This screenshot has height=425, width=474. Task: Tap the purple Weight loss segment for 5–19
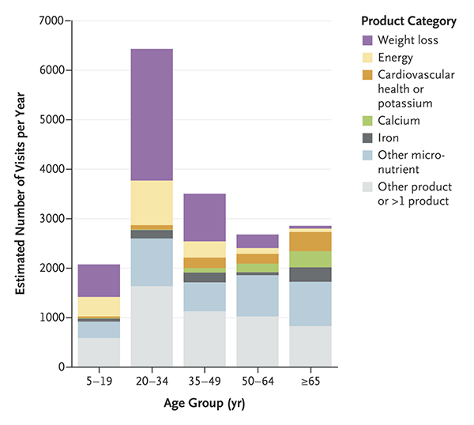pyautogui.click(x=99, y=280)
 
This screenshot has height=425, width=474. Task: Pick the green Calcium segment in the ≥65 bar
pyautogui.click(x=310, y=259)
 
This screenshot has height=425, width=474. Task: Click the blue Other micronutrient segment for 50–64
pyautogui.click(x=258, y=295)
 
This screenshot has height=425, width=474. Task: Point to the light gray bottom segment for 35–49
pyautogui.click(x=205, y=339)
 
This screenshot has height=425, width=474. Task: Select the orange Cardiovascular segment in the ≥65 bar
pyautogui.click(x=310, y=241)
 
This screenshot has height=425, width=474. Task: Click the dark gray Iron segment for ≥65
pyautogui.click(x=310, y=274)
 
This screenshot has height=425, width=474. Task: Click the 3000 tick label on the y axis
pyautogui.click(x=54, y=219)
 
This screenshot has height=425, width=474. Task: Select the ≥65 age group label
pyautogui.click(x=310, y=382)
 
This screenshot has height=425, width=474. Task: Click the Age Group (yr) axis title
pyautogui.click(x=205, y=406)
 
